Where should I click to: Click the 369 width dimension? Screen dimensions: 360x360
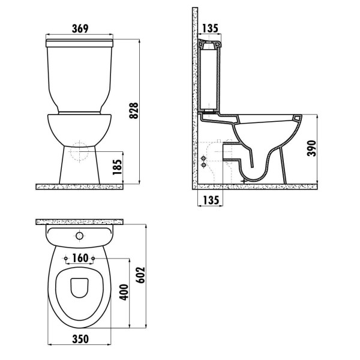point(79,28)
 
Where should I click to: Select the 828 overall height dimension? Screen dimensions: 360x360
point(135,110)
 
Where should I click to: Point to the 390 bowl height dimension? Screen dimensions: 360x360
point(311,148)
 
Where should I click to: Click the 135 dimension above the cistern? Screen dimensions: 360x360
point(211,28)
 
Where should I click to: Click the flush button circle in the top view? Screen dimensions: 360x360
point(79,236)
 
